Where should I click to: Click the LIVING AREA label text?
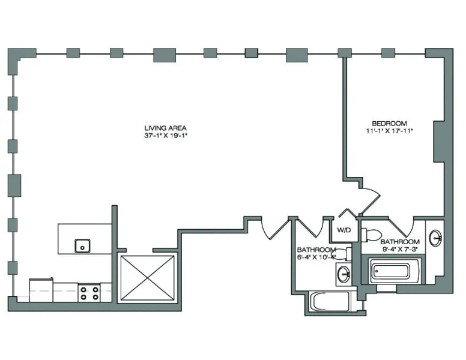[x=165, y=128]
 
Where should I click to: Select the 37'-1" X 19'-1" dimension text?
[x=165, y=136]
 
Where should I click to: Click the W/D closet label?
[x=343, y=230]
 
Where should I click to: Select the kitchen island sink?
[x=82, y=245]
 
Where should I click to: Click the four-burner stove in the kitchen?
[x=89, y=293]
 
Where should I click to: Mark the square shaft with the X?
[x=148, y=278]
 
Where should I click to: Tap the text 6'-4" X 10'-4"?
[x=316, y=257]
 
